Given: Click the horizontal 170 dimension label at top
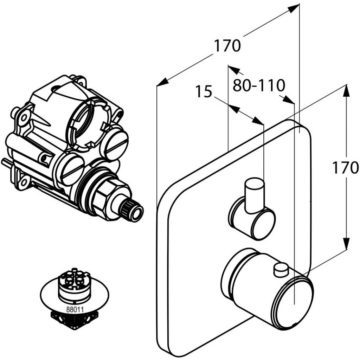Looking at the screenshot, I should click(x=227, y=46).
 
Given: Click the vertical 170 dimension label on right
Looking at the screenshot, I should click(x=346, y=168).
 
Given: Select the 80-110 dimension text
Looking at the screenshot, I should click(x=258, y=85).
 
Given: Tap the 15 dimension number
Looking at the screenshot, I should click(x=204, y=92).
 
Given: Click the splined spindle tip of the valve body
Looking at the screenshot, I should click(x=133, y=210).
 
